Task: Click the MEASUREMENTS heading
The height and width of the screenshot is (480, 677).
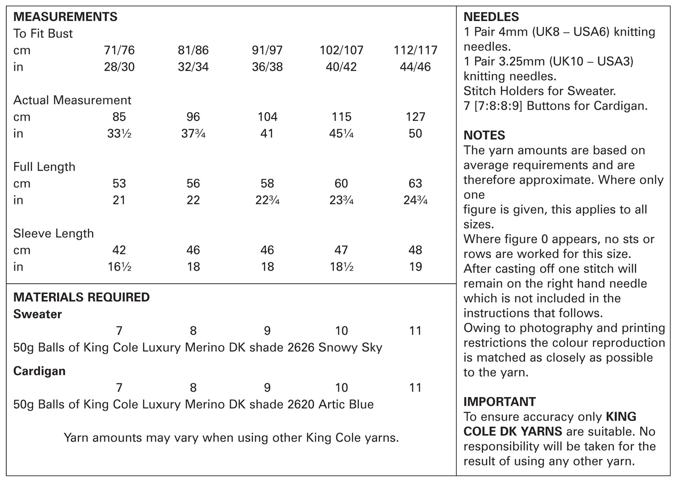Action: click(65, 17)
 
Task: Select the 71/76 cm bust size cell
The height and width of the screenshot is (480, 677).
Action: click(119, 50)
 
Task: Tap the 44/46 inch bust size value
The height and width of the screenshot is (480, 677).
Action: click(416, 67)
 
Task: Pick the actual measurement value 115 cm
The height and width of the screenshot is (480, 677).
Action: click(341, 117)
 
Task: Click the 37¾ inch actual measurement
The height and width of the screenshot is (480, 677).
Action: click(193, 133)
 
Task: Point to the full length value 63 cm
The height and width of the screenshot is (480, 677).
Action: click(415, 183)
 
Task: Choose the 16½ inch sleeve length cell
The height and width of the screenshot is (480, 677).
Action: click(119, 266)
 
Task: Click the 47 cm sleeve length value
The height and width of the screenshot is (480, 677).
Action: click(341, 250)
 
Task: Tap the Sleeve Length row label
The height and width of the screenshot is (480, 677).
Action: click(53, 233)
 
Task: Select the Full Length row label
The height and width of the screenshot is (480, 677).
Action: click(44, 167)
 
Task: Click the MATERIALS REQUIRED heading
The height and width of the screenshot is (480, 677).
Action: click(82, 297)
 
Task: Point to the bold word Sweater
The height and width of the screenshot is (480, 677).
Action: click(37, 314)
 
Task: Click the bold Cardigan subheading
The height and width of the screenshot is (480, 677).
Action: click(39, 371)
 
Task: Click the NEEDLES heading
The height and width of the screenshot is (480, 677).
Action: click(491, 17)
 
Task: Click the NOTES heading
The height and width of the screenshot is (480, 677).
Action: click(484, 135)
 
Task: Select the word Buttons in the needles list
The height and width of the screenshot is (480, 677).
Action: click(548, 106)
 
